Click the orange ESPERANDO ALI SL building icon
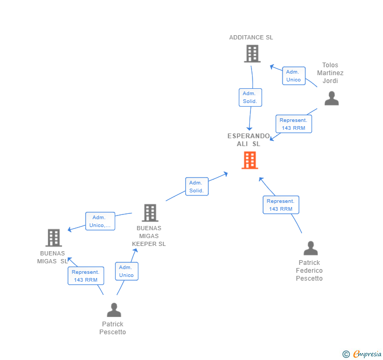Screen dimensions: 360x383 tap(249, 160)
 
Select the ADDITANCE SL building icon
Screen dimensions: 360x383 tap(252, 54)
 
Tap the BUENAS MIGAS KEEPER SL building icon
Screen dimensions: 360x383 tap(150, 213)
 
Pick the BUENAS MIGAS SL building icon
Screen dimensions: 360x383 tap(54, 238)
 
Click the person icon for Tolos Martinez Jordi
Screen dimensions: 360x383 tap(331, 98)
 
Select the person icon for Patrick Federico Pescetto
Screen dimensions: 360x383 tap(310, 248)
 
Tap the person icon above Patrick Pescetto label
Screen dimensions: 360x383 tap(114, 310)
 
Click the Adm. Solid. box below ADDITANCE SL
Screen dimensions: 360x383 tap(250, 97)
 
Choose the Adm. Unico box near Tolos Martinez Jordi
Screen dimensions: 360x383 tap(294, 76)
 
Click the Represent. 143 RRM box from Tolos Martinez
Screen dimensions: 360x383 tap(294, 124)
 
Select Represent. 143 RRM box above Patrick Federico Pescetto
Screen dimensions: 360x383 tap(281, 205)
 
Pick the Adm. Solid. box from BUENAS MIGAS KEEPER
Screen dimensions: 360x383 tap(197, 187)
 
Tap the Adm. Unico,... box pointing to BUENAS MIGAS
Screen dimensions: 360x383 tap(100, 221)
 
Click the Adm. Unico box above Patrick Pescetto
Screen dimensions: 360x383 tap(126, 271)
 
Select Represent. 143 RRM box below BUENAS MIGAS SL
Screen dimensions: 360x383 tap(86, 276)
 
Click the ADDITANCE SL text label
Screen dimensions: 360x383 tap(251, 37)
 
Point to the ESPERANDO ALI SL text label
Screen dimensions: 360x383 tap(249, 140)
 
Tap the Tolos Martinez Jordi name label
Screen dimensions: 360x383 tap(330, 73)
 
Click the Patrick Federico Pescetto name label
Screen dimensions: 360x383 tap(309, 270)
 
